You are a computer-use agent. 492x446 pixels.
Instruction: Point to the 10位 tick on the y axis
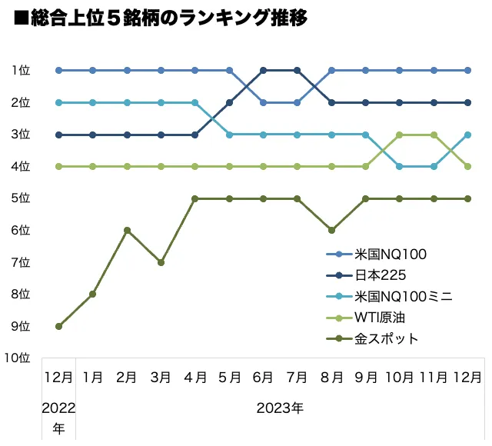[x=17, y=358]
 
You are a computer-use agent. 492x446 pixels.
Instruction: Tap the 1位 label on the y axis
[x=21, y=70]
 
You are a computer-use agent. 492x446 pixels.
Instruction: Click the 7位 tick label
[x=21, y=262]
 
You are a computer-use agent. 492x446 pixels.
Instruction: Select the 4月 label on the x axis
[x=195, y=378]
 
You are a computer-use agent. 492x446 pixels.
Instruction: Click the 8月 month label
[x=331, y=378]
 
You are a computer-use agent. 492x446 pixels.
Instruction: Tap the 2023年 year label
[x=280, y=408]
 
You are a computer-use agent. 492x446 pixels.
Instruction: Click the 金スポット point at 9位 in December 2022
[x=58, y=326]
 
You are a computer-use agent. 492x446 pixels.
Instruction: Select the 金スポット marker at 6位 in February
[x=127, y=230]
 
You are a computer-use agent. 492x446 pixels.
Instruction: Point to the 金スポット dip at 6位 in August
[x=331, y=230]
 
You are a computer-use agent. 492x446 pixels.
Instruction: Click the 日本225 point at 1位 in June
[x=263, y=70]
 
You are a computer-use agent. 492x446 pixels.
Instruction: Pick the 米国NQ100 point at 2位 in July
[x=298, y=102]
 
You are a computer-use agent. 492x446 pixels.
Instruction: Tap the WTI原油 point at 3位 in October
[x=400, y=135]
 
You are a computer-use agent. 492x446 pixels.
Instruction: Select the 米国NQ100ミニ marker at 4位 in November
[x=434, y=166]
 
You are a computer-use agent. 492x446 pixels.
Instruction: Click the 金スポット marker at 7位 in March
[x=161, y=262]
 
